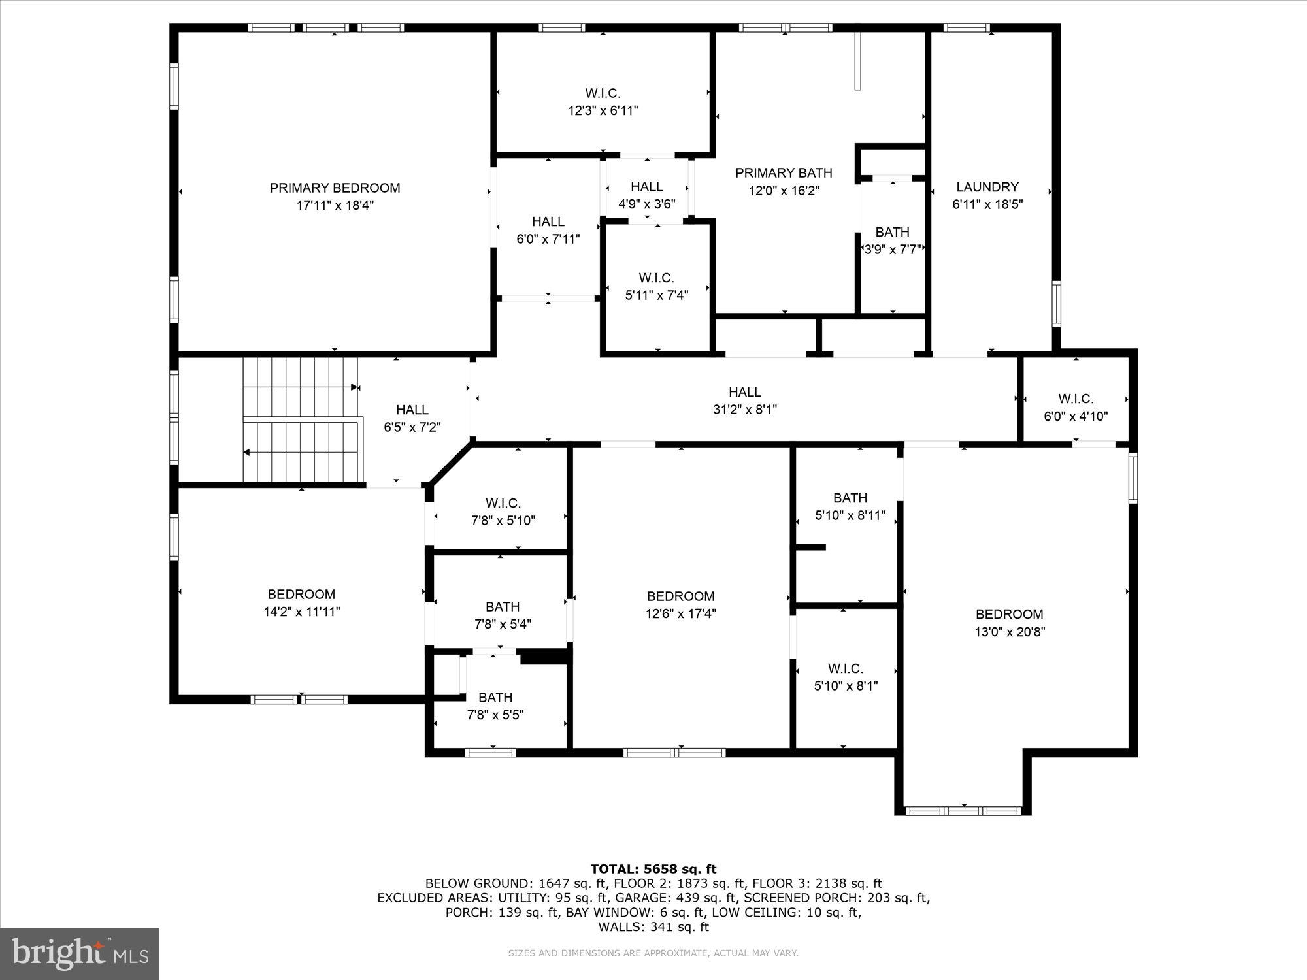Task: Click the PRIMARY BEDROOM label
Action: [335, 188]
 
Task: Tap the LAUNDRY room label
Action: [987, 187]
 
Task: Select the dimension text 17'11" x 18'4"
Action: [335, 206]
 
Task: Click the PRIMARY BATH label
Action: [784, 173]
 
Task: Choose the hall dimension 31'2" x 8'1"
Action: [744, 410]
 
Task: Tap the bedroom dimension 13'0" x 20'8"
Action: [1009, 632]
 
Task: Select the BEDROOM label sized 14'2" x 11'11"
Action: [301, 595]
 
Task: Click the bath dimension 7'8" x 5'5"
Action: [495, 715]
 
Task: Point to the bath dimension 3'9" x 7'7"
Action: [892, 250]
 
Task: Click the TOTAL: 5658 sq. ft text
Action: [653, 869]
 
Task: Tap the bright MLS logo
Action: [80, 953]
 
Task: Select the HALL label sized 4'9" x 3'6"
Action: [647, 187]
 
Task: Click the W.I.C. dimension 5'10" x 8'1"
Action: [846, 686]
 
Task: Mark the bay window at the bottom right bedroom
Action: [963, 811]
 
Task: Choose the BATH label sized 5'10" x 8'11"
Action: [850, 498]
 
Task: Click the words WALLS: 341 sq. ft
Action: [653, 926]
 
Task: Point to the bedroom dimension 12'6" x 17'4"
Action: [680, 613]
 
